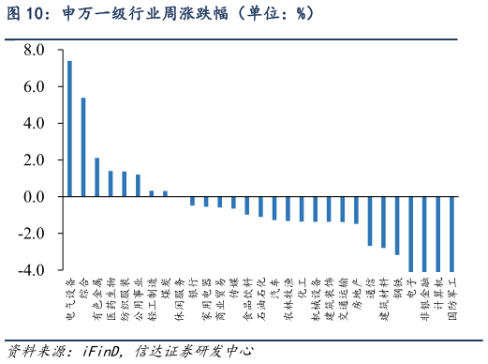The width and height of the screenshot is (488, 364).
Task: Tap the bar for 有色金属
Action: tap(97, 177)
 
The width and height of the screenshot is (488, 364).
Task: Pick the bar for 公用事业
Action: tap(138, 186)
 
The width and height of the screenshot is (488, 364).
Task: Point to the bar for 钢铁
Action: tap(397, 226)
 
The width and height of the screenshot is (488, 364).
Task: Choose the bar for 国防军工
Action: tap(451, 235)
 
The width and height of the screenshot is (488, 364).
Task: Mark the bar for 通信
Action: tap(370, 221)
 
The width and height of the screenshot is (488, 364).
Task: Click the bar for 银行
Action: tap(192, 202)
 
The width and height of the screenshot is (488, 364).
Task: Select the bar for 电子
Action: tap(410, 235)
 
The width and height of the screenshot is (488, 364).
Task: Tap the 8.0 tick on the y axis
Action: tap(34, 50)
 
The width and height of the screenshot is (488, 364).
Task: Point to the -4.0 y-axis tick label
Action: tap(31, 271)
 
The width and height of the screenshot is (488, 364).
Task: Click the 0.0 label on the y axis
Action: tap(34, 197)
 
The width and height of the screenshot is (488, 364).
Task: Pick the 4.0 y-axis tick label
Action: tap(34, 124)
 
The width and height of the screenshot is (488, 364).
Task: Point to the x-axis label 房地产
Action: tap(356, 295)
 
